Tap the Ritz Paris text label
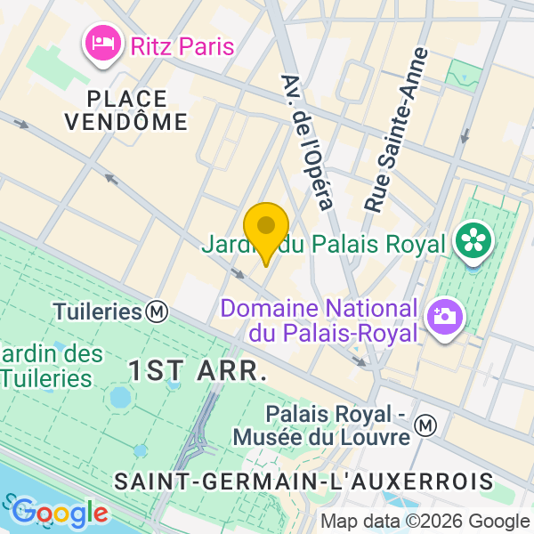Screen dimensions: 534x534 pyautogui.click(x=182, y=45)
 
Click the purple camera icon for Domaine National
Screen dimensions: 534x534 pyautogui.click(x=442, y=316)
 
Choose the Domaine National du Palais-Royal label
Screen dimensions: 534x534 pyautogui.click(x=319, y=321)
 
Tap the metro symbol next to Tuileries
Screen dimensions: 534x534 pyautogui.click(x=158, y=311)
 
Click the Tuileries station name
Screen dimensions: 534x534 pyautogui.click(x=98, y=312)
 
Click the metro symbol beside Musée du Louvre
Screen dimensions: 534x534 pyautogui.click(x=427, y=426)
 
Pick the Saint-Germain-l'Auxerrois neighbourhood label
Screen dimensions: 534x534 pyautogui.click(x=303, y=481)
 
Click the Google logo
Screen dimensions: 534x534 pyautogui.click(x=59, y=513)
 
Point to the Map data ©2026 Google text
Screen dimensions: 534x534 pyautogui.click(x=425, y=522)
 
